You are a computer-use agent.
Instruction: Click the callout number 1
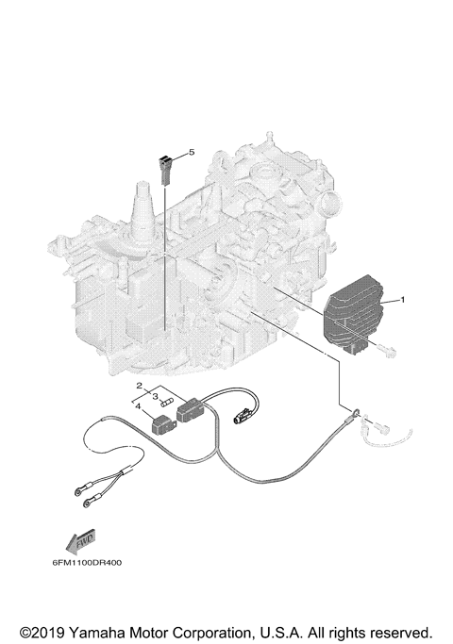tap(403, 300)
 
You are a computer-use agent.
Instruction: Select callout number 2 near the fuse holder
tap(139, 387)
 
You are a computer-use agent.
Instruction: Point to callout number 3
tap(154, 397)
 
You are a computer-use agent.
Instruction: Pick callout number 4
tap(139, 406)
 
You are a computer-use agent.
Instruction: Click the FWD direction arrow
tap(73, 542)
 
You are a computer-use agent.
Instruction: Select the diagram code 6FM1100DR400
tap(80, 563)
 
